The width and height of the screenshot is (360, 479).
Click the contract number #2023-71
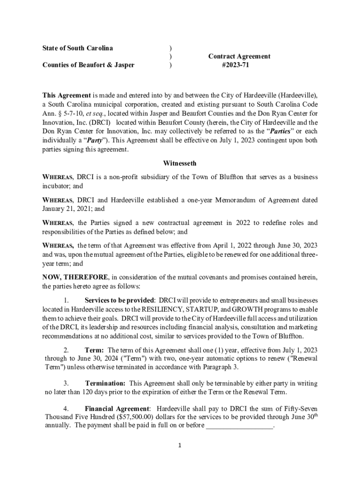tap(235, 65)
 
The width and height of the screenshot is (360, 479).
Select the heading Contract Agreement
tap(239, 57)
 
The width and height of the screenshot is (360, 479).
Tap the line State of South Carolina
tap(78, 48)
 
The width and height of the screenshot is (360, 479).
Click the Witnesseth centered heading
tap(180, 163)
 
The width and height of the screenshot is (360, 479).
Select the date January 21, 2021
tap(67, 209)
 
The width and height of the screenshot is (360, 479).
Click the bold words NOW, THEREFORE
tap(76, 277)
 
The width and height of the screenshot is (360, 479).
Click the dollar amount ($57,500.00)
tap(130, 417)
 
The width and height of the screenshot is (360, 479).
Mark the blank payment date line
tap(239, 426)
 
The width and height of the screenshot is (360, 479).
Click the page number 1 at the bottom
tap(180, 445)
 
